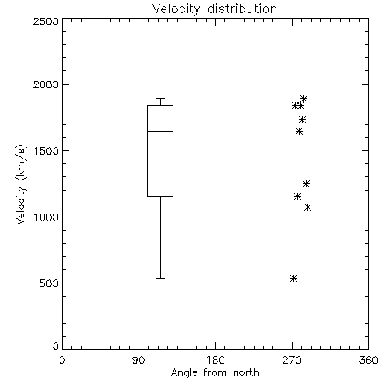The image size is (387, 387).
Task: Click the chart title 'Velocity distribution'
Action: click(214, 9)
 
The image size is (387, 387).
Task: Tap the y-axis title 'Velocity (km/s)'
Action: click(21, 184)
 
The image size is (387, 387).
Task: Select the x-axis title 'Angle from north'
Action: click(214, 373)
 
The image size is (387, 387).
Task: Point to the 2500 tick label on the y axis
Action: click(46, 21)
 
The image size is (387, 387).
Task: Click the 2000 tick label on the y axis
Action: click(46, 84)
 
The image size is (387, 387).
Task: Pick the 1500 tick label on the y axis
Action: click(46, 151)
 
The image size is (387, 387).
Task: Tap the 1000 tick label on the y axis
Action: click(46, 217)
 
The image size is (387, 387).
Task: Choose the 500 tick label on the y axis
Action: click(50, 283)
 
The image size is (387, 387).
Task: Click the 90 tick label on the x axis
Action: click(139, 360)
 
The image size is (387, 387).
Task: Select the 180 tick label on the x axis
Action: click(215, 360)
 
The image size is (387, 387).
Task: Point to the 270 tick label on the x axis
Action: click(292, 360)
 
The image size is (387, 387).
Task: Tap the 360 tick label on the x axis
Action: click(368, 360)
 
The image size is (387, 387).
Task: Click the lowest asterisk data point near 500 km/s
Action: click(293, 278)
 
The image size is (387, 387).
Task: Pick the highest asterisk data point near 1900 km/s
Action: click(304, 98)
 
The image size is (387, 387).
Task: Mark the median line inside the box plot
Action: click(160, 131)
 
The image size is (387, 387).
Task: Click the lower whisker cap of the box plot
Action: click(160, 278)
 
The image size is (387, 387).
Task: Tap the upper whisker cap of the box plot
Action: click(160, 98)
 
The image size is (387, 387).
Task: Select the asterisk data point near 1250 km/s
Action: click(306, 183)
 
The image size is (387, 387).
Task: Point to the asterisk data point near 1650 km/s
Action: click(299, 132)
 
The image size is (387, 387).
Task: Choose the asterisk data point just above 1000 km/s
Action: click(307, 207)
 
